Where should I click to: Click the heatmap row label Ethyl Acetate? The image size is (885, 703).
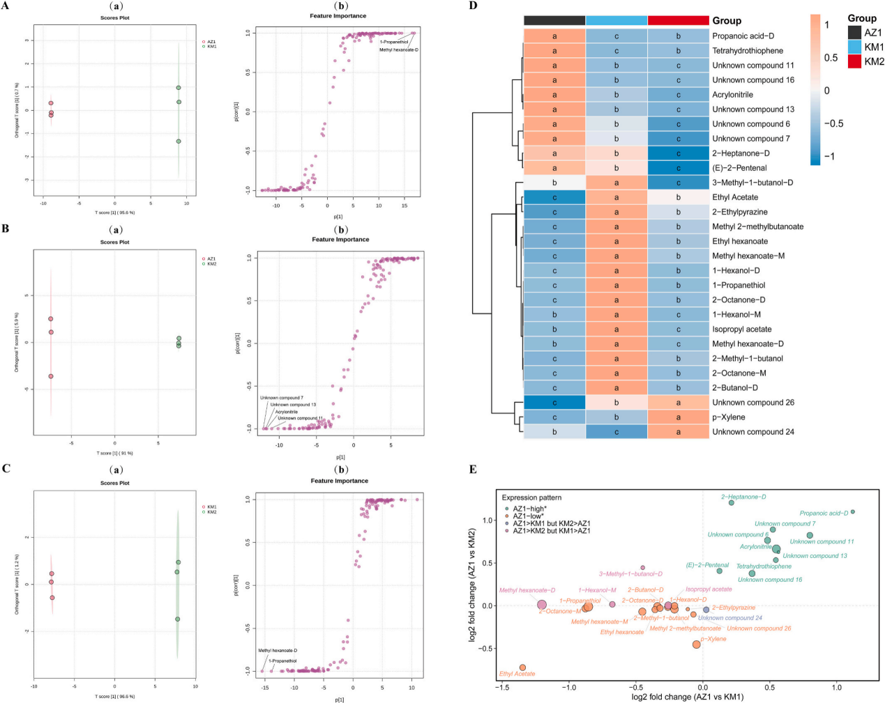click(x=734, y=197)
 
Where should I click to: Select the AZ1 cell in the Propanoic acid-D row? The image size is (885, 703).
click(x=554, y=36)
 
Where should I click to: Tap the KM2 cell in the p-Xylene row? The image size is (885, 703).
click(x=678, y=417)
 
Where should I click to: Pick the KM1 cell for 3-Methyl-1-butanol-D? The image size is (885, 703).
click(x=617, y=183)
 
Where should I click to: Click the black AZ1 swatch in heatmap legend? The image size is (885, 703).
click(x=854, y=32)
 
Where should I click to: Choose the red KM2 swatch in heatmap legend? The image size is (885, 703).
click(x=854, y=61)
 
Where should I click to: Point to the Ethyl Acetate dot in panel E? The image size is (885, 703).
click(x=522, y=667)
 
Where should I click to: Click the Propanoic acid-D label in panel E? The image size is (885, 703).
click(x=824, y=513)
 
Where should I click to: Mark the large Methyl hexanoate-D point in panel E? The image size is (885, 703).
click(x=542, y=605)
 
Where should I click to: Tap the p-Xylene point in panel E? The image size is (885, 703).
click(x=696, y=644)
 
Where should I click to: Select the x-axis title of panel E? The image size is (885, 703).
click(x=687, y=697)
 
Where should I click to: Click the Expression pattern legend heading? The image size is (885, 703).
click(x=531, y=497)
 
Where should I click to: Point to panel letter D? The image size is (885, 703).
click(x=474, y=6)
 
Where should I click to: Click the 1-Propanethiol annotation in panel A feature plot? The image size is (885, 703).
click(x=394, y=42)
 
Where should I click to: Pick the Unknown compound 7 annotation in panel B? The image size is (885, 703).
click(x=282, y=398)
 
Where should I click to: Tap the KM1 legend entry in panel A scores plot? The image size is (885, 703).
click(x=211, y=47)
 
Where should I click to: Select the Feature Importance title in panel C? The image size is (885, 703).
click(x=340, y=481)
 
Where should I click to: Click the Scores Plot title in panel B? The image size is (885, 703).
click(x=114, y=242)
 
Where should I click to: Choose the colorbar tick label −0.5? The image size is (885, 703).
click(x=833, y=123)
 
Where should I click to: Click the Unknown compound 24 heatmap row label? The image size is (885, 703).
click(x=752, y=432)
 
